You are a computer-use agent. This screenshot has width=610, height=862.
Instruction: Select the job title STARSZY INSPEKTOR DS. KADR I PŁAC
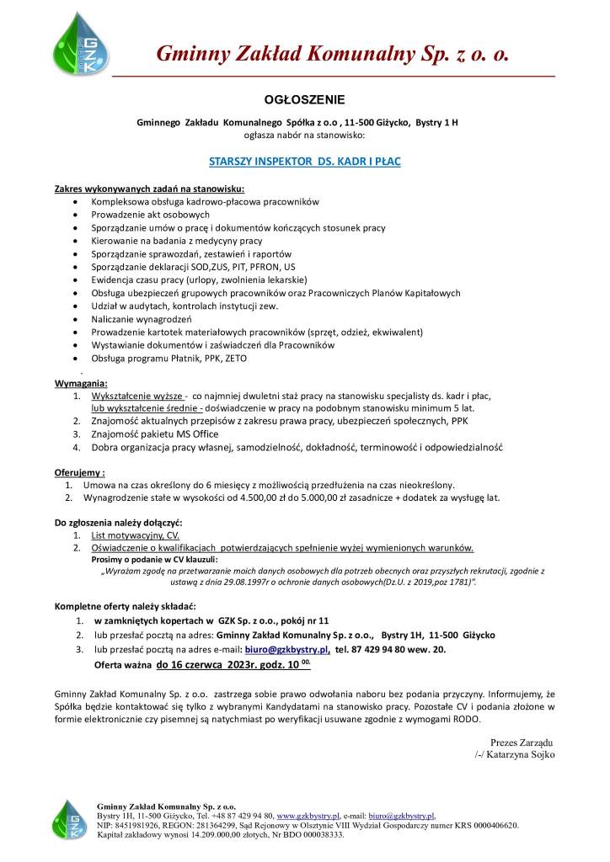point(304,158)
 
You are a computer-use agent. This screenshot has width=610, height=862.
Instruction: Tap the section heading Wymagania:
point(81,383)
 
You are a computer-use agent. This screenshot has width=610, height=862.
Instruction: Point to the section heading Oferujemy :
point(80,473)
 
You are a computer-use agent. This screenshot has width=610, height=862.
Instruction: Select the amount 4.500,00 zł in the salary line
point(248,498)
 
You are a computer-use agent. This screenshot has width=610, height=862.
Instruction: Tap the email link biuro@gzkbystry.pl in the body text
point(286,651)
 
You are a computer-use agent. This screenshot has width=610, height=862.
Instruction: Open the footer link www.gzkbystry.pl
point(308,817)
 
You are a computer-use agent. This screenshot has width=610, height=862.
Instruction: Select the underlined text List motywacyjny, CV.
point(136,535)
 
